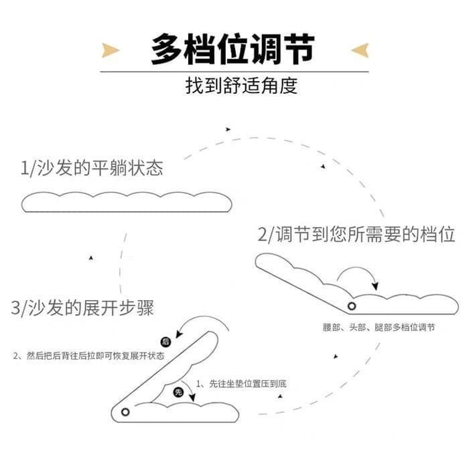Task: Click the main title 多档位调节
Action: pos(232,50)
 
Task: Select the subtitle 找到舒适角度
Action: pos(241,86)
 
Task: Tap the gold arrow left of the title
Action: pos(110,50)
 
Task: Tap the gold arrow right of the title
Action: pos(360,50)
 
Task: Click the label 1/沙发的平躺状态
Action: pos(92,167)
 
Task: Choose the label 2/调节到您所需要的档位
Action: pos(356,234)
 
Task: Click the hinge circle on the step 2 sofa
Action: pos(352,306)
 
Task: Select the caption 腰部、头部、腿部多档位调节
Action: pos(379,327)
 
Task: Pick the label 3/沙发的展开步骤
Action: pos(82,308)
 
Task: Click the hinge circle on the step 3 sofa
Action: pos(125,412)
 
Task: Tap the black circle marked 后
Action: pos(165,342)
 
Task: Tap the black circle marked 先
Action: pos(179,392)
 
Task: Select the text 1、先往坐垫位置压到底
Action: pos(241,384)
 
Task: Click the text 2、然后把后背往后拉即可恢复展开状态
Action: pos(89,356)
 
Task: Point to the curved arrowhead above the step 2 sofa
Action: pos(375,286)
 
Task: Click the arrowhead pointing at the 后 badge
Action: pos(179,334)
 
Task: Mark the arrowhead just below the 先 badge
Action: pos(192,397)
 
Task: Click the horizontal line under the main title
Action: pos(234,72)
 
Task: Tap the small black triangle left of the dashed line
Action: pos(91,258)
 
